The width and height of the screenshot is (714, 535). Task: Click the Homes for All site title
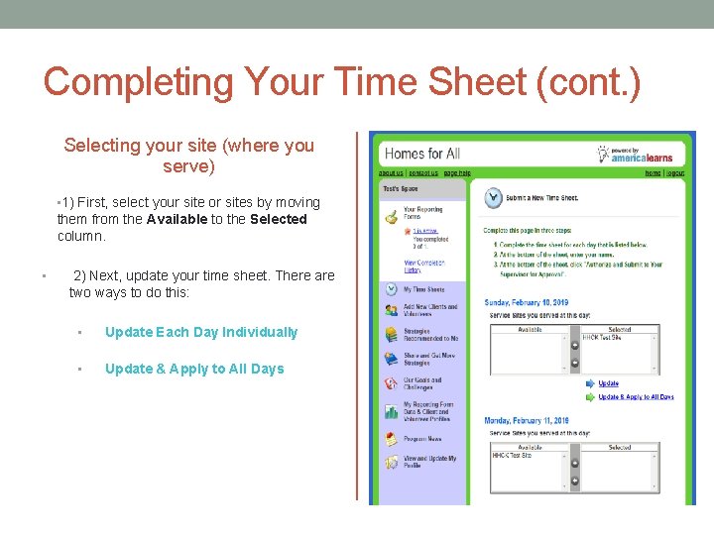tap(421, 154)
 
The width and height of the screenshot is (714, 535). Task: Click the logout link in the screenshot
tap(675, 173)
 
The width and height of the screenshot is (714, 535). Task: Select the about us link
tap(391, 173)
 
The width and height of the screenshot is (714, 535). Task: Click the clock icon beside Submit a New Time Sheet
tap(493, 198)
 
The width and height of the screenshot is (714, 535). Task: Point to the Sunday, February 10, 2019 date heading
tap(527, 302)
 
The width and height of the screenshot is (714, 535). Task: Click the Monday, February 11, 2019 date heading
tap(527, 420)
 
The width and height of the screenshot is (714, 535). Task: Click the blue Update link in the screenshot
tap(609, 383)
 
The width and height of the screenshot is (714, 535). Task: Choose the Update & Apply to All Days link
tap(637, 397)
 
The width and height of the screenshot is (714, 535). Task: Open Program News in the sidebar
tap(422, 439)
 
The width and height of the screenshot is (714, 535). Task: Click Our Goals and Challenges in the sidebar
tap(422, 383)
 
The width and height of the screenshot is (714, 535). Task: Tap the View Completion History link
tap(423, 267)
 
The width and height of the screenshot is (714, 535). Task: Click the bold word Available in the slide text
tap(177, 219)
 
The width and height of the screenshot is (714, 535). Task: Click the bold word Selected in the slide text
tap(279, 219)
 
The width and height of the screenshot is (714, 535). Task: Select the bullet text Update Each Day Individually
tap(201, 332)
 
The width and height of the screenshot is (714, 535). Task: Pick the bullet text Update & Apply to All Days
tap(194, 369)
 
